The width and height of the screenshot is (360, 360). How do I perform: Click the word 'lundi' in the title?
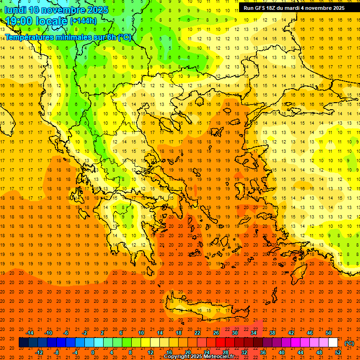coord(15,10)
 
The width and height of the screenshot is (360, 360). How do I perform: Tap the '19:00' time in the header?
coord(18,21)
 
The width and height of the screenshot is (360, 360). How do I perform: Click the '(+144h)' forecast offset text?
coord(83,21)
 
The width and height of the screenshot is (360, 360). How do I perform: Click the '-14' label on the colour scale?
coord(30,333)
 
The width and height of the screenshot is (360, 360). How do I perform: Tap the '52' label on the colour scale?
coord(338,352)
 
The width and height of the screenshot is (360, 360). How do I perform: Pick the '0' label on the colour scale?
coord(93,352)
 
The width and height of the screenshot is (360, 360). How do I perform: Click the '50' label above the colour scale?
coord(328,333)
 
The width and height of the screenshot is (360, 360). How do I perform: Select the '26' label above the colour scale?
coord(216,333)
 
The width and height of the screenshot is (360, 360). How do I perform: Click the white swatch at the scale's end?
coord(333,343)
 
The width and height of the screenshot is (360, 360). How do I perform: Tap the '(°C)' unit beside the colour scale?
coord(349,343)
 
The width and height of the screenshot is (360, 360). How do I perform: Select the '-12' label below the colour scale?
coord(39,352)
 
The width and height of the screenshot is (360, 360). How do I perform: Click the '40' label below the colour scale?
coord(281,352)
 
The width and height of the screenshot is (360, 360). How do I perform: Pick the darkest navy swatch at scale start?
coord(23,343)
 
